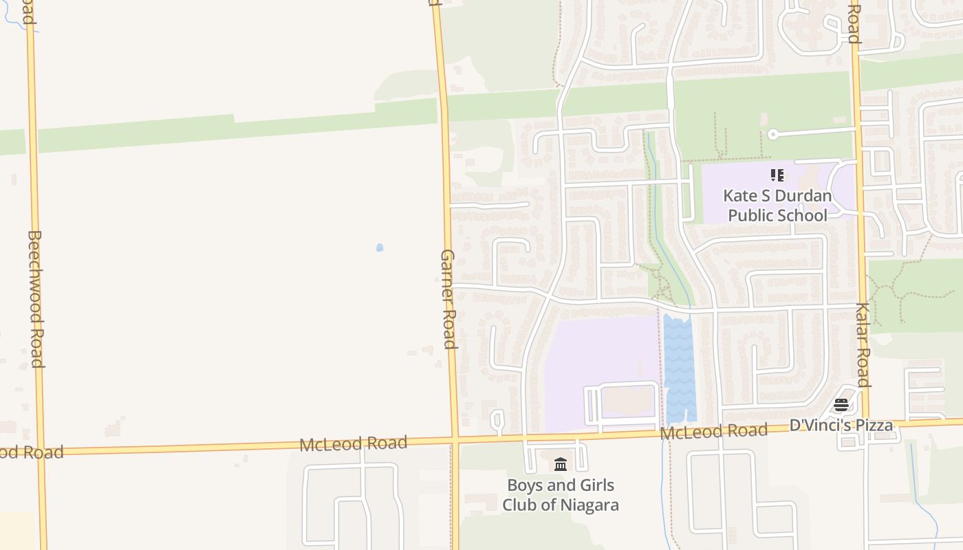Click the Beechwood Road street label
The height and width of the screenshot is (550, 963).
tap(35, 298)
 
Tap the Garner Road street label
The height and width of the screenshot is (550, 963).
tap(448, 298)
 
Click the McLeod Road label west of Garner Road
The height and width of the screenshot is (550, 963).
tap(353, 443)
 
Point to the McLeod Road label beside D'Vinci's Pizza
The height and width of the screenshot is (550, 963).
tap(713, 432)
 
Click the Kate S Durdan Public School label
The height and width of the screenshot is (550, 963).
tap(777, 206)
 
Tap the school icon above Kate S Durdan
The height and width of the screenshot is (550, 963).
tap(777, 175)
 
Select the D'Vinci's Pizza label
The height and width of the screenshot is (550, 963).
tap(841, 425)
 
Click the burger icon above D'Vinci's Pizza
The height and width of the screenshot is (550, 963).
tap(841, 405)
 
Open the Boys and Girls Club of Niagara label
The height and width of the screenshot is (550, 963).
tap(561, 495)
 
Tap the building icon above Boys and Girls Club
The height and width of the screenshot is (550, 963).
tap(561, 465)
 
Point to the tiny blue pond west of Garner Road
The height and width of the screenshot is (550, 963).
tap(380, 247)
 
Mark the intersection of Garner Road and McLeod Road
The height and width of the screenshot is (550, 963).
tap(455, 438)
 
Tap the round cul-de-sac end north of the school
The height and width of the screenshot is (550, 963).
tap(772, 135)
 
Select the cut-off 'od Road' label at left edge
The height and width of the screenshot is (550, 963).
tap(32, 452)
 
